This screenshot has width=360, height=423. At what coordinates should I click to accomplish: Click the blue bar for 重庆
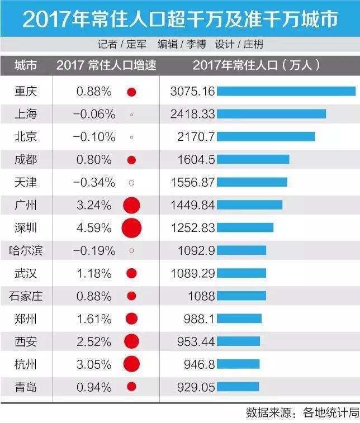point(286,91)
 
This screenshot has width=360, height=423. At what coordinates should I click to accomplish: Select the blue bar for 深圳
point(245,227)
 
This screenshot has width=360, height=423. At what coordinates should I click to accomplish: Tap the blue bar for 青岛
point(238,387)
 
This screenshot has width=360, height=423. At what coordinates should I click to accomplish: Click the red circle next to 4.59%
point(131,227)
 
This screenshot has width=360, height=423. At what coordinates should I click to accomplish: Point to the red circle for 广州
point(131,205)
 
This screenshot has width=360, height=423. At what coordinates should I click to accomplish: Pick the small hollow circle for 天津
point(131,182)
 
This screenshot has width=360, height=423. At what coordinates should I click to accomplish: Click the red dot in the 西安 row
point(131,341)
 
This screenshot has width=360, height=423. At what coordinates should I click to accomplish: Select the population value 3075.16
point(192,91)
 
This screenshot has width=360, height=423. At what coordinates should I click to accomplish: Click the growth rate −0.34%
point(94,182)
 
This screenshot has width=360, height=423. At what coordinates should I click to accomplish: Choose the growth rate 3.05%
point(94,364)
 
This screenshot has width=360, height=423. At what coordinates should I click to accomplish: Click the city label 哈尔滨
point(26,250)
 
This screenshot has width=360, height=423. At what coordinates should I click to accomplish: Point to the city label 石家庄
point(26,296)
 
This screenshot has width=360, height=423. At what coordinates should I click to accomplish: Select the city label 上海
point(26,114)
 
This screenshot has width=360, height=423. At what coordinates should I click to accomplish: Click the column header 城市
point(26,65)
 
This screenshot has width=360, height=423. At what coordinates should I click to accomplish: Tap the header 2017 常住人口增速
point(106,65)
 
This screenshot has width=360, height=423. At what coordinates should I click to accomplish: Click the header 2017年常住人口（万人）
point(257,65)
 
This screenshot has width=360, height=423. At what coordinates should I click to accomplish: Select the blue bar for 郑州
point(239,319)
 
